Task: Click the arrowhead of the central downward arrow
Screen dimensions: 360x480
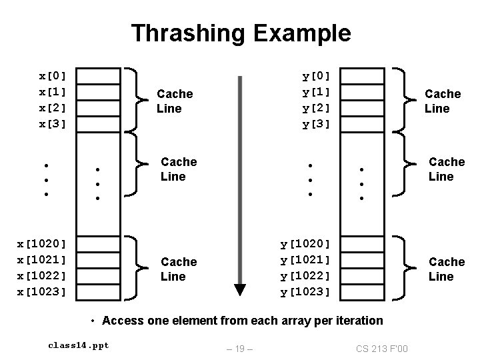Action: pyautogui.click(x=240, y=289)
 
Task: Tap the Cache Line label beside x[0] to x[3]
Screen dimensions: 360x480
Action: pyautogui.click(x=174, y=101)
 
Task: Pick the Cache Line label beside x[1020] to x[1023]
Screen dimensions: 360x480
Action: pyautogui.click(x=179, y=269)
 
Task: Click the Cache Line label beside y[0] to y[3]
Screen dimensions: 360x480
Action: pyautogui.click(x=443, y=101)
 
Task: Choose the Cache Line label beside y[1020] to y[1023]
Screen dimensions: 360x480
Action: pyautogui.click(x=447, y=269)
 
